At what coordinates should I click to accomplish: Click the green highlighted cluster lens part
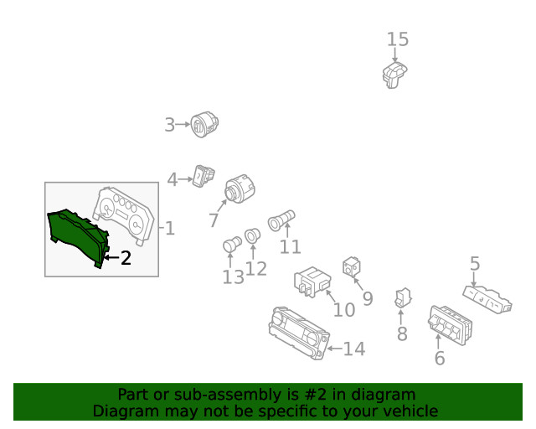[78, 237]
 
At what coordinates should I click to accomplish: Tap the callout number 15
[398, 39]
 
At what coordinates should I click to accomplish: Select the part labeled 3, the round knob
[204, 124]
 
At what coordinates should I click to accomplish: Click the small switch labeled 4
[203, 176]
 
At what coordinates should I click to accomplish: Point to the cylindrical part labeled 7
[240, 189]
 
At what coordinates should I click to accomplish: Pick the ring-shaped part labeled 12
[252, 235]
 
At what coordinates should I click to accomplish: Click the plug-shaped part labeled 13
[232, 244]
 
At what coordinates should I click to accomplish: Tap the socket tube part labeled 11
[281, 220]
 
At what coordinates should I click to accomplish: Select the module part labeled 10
[312, 282]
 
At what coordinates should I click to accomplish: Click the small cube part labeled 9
[352, 266]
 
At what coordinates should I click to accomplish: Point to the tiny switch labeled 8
[403, 297]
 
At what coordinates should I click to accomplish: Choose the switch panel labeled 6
[450, 325]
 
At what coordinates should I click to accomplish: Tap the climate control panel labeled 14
[299, 333]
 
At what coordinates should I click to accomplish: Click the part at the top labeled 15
[394, 75]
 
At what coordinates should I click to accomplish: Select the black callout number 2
[126, 258]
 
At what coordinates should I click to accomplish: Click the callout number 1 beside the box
[170, 228]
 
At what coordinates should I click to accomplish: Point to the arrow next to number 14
[335, 349]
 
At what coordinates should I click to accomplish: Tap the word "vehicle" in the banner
[415, 411]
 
